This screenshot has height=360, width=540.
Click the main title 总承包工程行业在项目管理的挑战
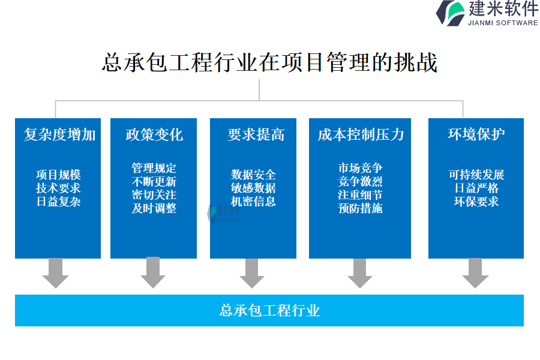click(269, 62)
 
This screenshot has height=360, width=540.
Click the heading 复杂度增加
click(59, 134)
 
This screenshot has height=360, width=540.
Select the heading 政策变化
click(154, 134)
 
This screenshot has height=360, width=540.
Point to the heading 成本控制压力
click(361, 134)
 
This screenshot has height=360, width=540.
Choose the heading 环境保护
click(476, 134)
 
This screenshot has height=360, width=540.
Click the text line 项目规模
click(58, 175)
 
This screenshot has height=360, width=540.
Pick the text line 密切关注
click(154, 195)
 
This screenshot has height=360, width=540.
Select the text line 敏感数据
click(253, 188)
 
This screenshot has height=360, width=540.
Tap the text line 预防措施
click(360, 208)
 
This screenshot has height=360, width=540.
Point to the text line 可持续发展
click(476, 175)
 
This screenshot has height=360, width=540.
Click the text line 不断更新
click(154, 182)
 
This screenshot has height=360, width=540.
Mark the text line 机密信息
click(253, 202)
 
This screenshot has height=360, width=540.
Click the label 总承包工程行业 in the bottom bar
click(269, 310)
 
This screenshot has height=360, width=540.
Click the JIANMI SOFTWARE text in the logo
click(502, 23)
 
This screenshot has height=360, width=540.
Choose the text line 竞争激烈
click(360, 182)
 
